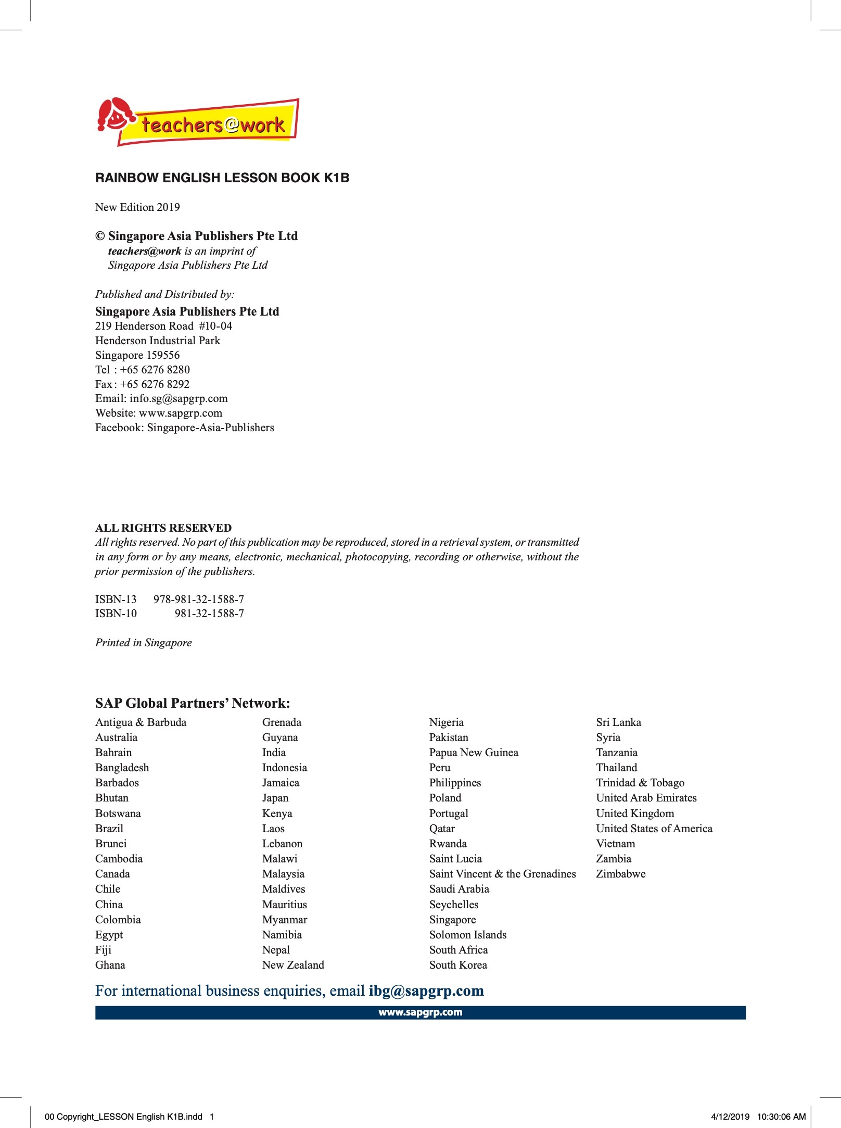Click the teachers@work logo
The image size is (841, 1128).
coord(198,122)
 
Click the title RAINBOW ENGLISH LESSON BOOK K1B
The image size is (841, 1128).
coord(222,178)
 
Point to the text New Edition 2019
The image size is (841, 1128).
coord(137,207)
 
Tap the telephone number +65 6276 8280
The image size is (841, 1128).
coord(155,370)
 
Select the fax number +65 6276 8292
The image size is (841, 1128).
coord(155,384)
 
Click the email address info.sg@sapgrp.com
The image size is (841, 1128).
coord(179,399)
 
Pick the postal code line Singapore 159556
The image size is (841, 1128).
coord(137,355)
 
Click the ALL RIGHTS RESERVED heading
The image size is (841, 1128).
coord(163,528)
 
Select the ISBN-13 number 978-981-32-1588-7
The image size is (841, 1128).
coord(198,599)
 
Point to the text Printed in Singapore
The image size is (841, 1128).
coord(143,643)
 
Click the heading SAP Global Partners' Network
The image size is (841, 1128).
coord(193,704)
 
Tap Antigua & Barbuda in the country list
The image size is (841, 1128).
coord(141,722)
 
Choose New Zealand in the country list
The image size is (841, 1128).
coord(293,965)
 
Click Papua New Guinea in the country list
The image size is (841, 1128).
coord(474,753)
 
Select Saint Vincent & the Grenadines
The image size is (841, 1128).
coord(502,874)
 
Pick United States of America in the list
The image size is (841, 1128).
coord(654,829)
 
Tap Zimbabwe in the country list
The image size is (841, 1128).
coord(621,874)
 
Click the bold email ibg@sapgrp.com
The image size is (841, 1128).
coord(426,991)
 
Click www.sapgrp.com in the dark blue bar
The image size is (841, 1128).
coord(420,1012)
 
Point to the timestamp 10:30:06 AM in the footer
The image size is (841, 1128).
coord(781,1117)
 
